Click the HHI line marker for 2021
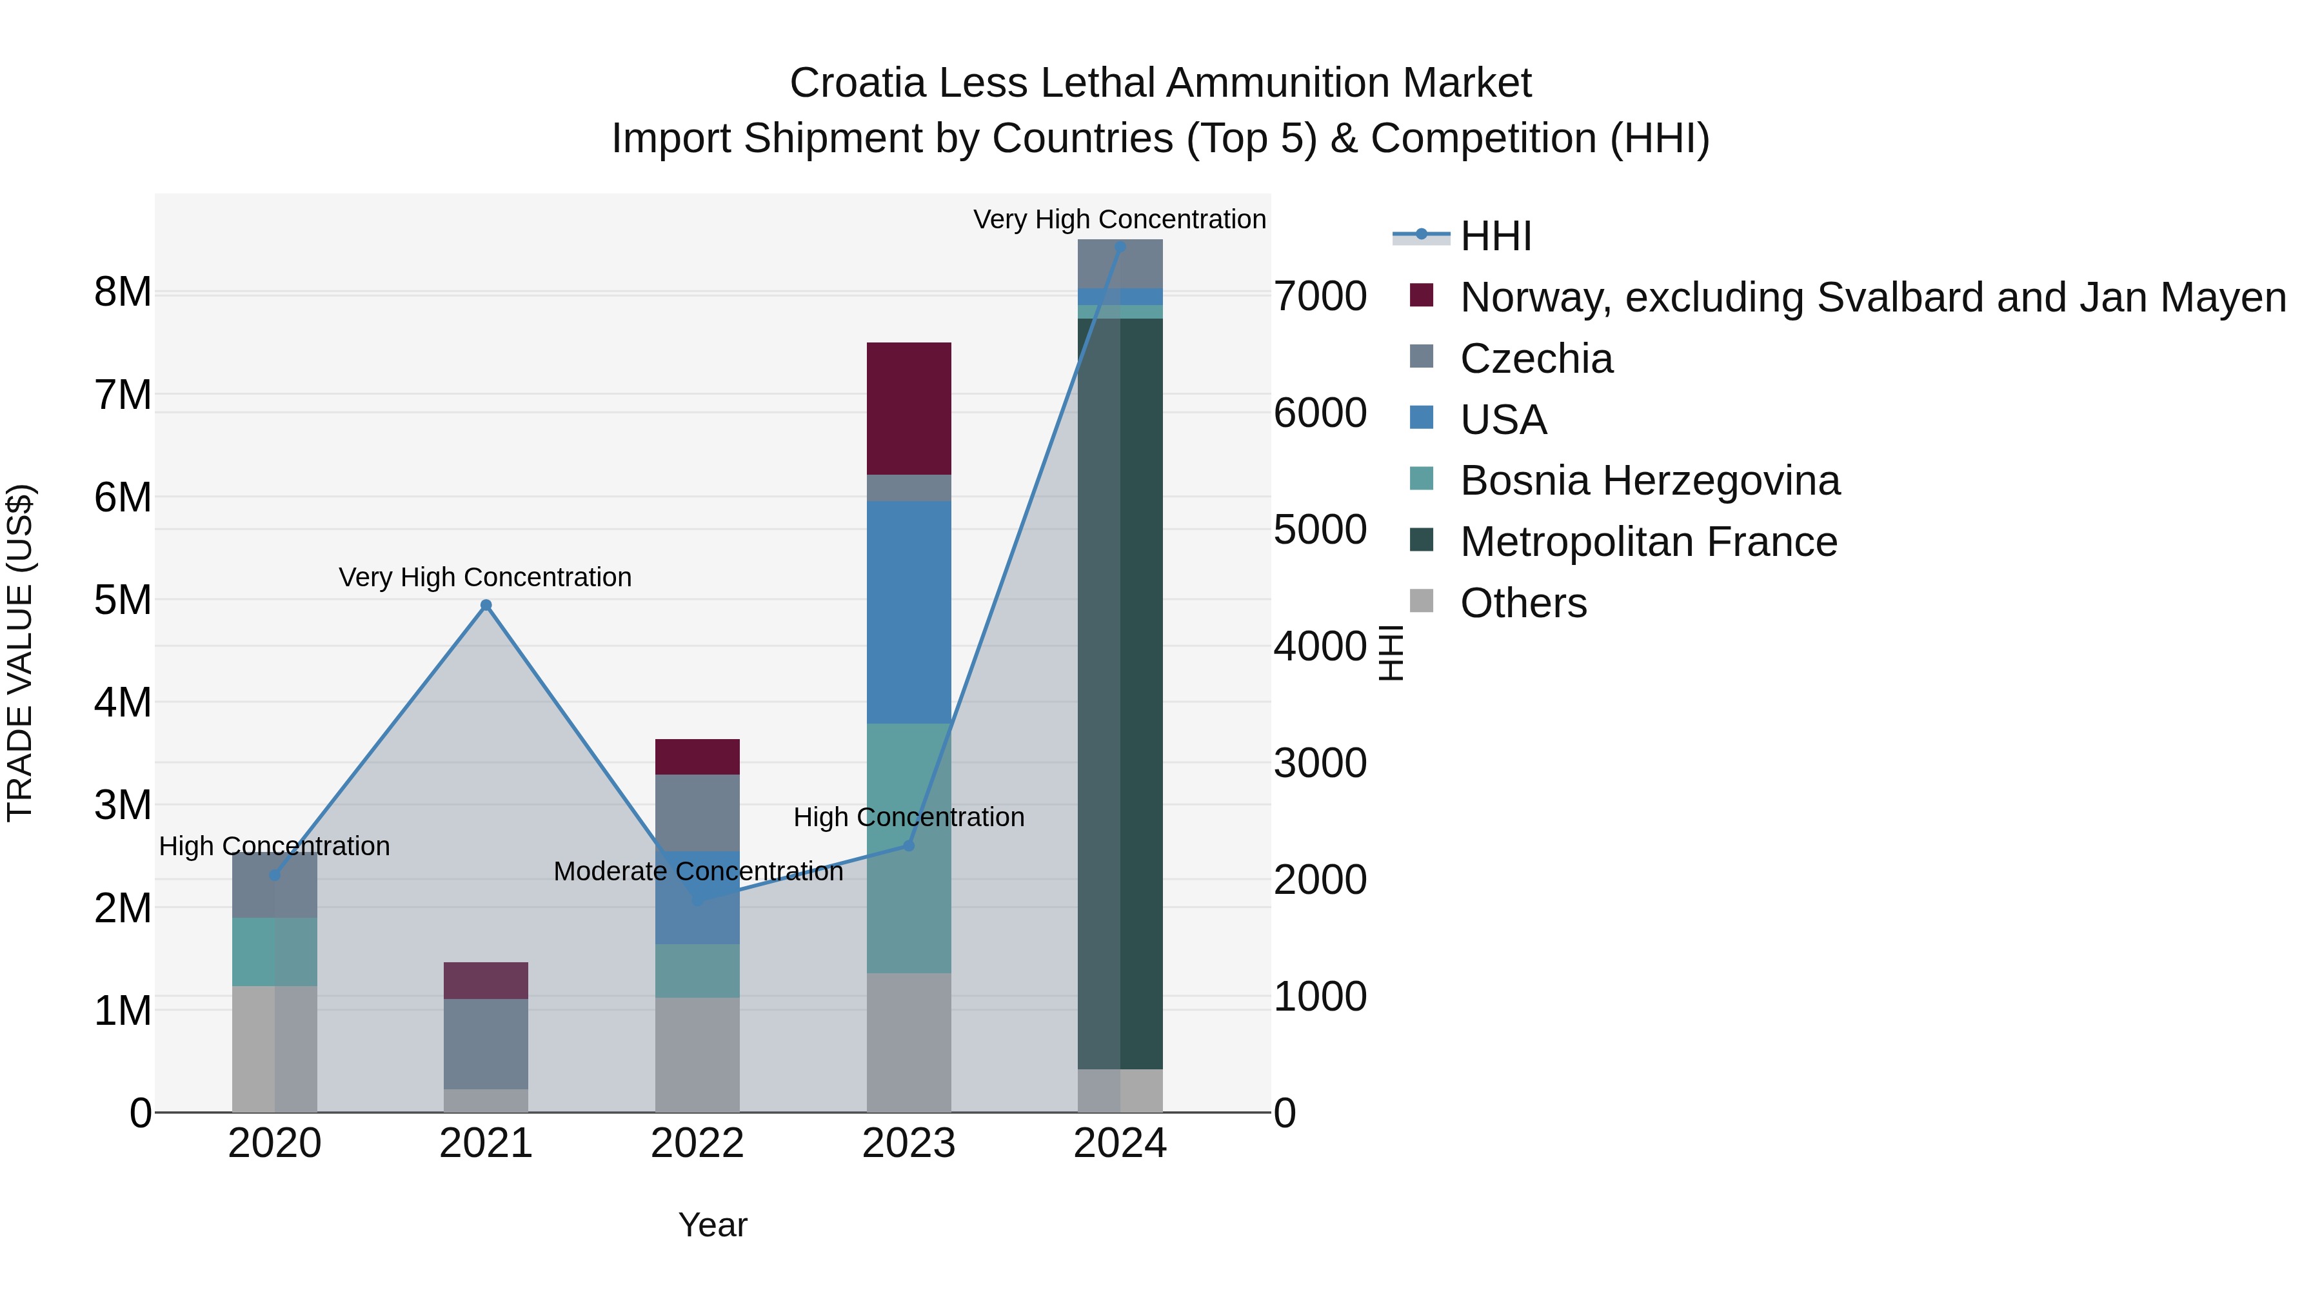(486, 605)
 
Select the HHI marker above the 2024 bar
(1120, 247)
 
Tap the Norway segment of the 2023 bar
(909, 408)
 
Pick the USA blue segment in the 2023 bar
(909, 612)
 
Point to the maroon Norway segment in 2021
(486, 980)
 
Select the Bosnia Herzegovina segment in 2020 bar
(274, 952)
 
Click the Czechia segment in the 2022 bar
(697, 812)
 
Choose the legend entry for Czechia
(1536, 359)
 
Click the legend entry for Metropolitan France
(1648, 542)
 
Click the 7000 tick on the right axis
(1320, 297)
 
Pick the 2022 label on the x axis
(697, 1143)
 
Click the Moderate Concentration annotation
(698, 871)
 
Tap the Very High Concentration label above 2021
(485, 577)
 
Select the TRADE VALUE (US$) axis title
(20, 653)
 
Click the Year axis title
(712, 1225)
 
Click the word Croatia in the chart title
(857, 83)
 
